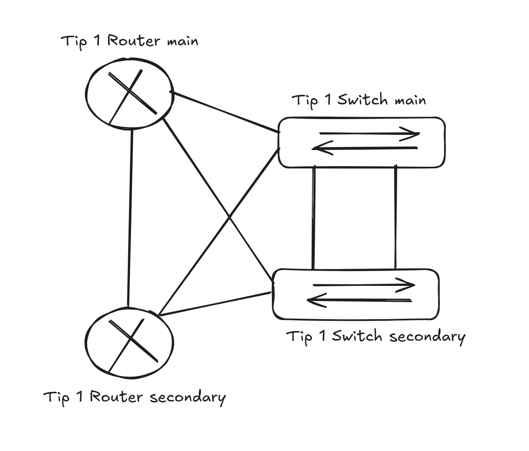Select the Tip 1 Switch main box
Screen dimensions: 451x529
pos(362,143)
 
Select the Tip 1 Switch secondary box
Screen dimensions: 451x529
pos(356,294)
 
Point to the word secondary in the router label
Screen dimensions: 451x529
pos(188,397)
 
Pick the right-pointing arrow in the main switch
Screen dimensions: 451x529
pos(369,133)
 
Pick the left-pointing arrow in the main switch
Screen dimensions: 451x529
pos(365,148)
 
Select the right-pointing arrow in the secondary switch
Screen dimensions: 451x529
pos(364,285)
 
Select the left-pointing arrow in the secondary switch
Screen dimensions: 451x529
pos(360,301)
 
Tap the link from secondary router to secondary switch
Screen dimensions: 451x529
pos(214,304)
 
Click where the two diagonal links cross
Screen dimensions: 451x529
pos(229,217)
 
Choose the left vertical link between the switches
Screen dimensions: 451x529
pos(314,218)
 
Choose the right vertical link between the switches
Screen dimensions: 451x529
pos(395,218)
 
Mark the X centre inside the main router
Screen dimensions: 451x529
pos(129,92)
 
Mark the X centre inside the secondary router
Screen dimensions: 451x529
pos(131,339)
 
